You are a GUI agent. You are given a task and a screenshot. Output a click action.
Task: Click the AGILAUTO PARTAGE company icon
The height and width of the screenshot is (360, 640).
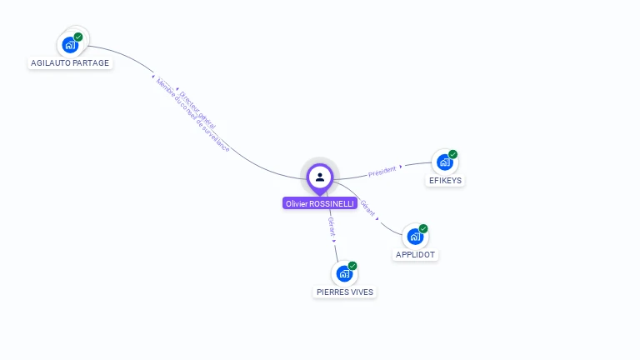coord(71,44)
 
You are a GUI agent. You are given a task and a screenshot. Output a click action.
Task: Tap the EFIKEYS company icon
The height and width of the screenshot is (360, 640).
coord(445,162)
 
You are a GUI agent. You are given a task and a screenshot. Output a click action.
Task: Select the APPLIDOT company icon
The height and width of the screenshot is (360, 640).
coord(415,236)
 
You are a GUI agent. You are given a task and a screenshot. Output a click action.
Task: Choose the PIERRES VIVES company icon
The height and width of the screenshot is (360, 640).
coord(344,273)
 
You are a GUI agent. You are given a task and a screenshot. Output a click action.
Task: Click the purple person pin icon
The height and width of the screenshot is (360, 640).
coord(320,177)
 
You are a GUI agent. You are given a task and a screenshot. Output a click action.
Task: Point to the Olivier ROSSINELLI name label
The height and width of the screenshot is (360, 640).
coord(320,203)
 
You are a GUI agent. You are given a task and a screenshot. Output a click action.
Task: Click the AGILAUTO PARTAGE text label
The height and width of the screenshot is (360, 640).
coord(70,63)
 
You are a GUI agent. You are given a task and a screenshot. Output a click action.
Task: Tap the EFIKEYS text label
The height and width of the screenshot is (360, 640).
coord(445,181)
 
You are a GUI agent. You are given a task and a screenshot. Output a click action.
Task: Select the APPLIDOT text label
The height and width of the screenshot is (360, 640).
coord(415,255)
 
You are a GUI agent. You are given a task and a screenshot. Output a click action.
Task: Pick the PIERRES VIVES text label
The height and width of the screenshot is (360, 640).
coord(345,292)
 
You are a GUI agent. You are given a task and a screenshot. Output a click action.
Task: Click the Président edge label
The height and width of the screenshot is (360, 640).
coord(382,171)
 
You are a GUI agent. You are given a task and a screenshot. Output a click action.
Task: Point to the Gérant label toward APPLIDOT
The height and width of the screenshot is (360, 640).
coord(367,208)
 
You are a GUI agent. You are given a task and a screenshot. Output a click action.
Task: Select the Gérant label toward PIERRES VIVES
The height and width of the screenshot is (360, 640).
coord(332,227)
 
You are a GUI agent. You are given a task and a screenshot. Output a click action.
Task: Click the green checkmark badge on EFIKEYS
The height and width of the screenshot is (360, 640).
coord(452,154)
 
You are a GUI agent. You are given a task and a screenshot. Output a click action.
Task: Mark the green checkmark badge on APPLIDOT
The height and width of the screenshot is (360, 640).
coord(423,228)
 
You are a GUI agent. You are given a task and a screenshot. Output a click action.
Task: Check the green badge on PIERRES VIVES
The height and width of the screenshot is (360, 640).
coord(352,266)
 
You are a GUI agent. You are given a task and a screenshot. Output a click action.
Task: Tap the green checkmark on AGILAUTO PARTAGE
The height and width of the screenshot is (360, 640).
coord(78,37)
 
